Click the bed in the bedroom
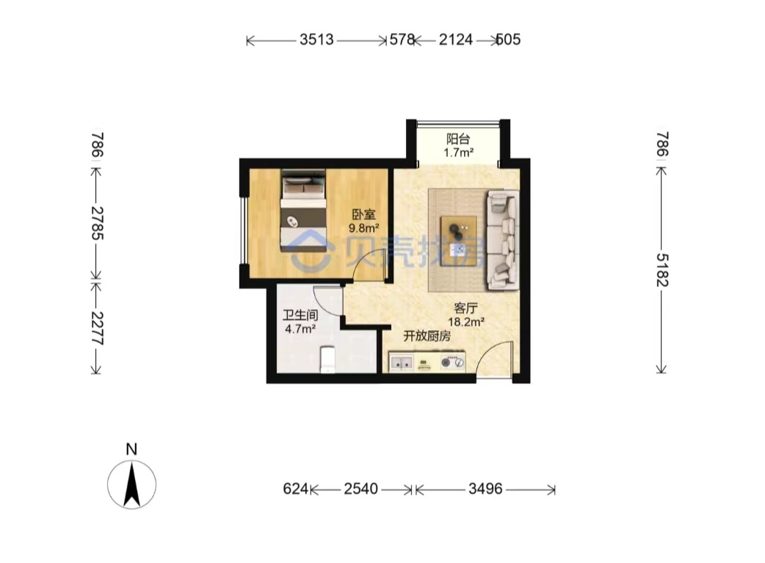coord(303,211)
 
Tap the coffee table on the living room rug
coord(459,241)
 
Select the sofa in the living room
coord(501,241)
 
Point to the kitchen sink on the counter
coord(402,362)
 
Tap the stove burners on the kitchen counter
coord(452,363)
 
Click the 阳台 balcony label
coord(458,139)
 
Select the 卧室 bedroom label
coord(364,214)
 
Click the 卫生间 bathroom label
coord(300,315)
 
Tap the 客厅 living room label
coord(466,308)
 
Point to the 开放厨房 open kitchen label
coord(427,335)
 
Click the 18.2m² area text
coord(466,322)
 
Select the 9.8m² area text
coord(364,228)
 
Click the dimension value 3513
coord(316,40)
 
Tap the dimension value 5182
coord(662,269)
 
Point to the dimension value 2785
coord(98,223)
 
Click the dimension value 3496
coord(485,488)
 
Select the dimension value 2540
coord(361,488)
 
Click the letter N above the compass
coord(131,449)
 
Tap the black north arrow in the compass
coord(131,485)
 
